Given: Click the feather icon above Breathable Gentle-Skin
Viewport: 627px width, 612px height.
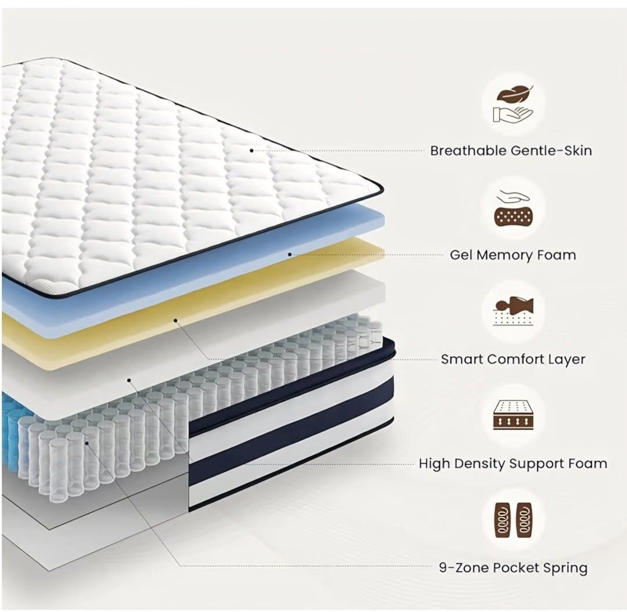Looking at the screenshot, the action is tap(515, 95).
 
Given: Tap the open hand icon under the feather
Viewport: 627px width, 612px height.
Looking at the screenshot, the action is tap(513, 114).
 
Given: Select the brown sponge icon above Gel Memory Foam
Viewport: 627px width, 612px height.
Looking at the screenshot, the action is tap(513, 216).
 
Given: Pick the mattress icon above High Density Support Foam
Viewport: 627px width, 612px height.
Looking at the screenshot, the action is tap(513, 415).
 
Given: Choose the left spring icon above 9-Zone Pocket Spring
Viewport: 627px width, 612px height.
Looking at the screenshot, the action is tap(503, 520).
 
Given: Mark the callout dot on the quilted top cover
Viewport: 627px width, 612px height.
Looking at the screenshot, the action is tap(251, 151).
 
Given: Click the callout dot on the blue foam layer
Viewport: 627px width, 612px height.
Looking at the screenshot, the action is tap(290, 254).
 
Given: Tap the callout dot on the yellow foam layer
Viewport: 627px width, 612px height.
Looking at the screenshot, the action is tap(175, 320).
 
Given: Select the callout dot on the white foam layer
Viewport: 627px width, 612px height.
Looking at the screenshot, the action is tap(129, 381).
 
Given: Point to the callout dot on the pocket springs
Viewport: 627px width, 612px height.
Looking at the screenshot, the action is tap(87, 443).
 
